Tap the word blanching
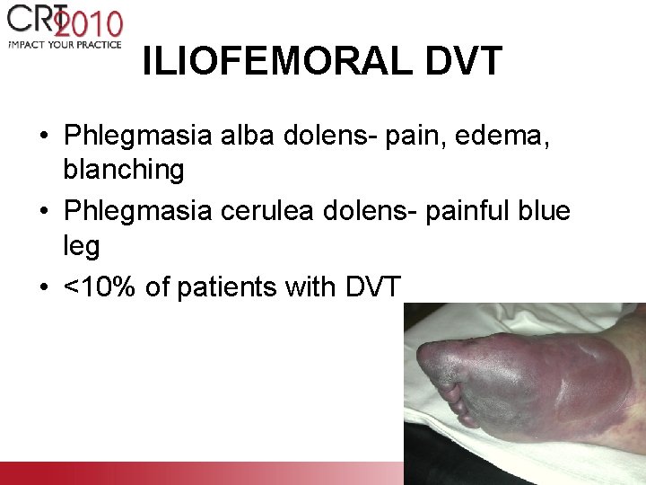124,169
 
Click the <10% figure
106,287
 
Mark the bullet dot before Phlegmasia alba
43,137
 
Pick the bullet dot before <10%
43,288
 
